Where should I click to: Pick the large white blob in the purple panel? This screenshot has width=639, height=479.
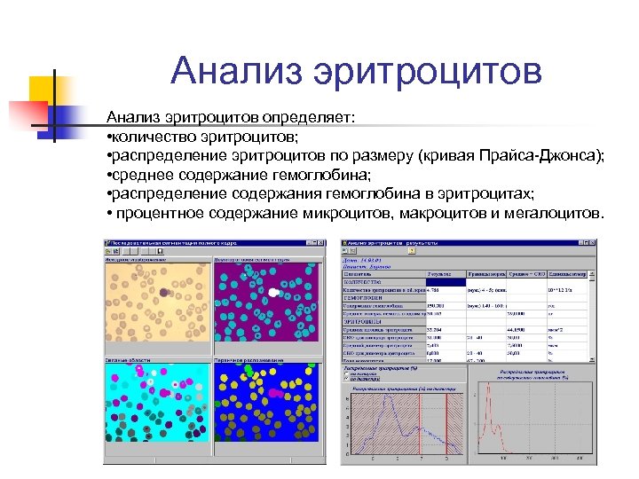click(276, 290)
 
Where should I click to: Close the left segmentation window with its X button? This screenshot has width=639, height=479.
click(314, 242)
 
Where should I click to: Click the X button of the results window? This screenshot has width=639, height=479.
click(593, 241)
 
